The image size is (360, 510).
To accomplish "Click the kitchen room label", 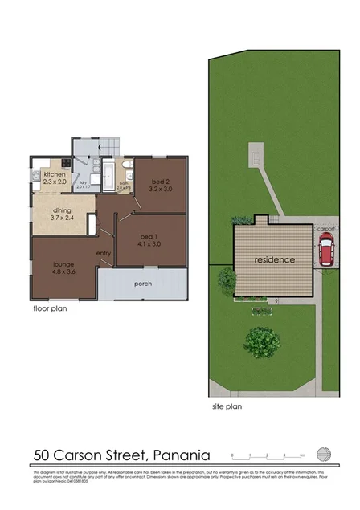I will point(54,174).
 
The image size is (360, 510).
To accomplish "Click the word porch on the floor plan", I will point(143,282).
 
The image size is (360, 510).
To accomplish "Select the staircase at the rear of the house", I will point(109,147).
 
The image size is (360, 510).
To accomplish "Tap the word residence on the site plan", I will point(275,259).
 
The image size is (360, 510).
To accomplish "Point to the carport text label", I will point(325,228).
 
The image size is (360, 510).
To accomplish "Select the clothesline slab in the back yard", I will point(256,152).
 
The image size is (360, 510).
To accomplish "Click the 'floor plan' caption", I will point(50,308).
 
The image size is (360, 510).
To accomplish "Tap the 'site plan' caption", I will point(226,406).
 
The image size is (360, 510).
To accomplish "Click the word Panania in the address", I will point(178,456).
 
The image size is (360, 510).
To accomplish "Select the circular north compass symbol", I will point(323,452).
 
